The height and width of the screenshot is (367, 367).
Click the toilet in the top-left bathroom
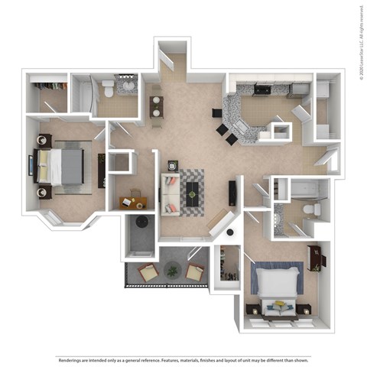109,90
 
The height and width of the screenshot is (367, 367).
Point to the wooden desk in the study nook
133,203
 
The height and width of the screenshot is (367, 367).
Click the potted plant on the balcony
172,271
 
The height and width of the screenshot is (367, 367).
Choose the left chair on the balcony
148,272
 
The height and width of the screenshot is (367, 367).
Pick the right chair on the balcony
195,271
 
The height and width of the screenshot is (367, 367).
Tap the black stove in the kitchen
261,90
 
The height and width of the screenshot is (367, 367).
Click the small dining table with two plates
157,107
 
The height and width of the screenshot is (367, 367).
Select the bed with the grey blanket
61,166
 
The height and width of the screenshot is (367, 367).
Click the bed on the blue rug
278,290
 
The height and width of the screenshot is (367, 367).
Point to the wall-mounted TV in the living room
232,191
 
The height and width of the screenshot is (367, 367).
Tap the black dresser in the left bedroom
102,170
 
